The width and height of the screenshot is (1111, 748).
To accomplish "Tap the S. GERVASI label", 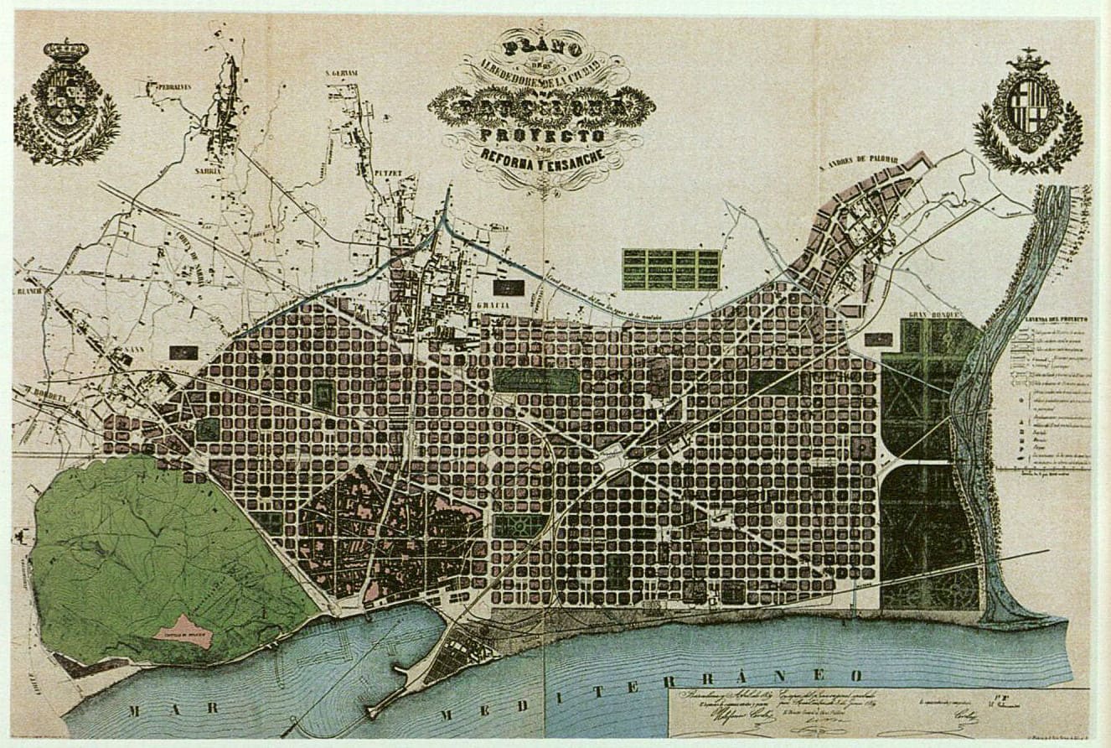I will pyautogui.click(x=342, y=73).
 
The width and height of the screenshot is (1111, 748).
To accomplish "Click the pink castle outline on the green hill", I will pyautogui.click(x=183, y=631).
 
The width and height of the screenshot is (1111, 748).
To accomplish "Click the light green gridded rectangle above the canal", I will pyautogui.click(x=670, y=269).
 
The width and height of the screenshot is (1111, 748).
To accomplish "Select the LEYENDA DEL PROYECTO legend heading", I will pyautogui.click(x=1055, y=319).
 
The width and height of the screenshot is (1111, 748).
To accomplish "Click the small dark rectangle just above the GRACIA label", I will pyautogui.click(x=508, y=288).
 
